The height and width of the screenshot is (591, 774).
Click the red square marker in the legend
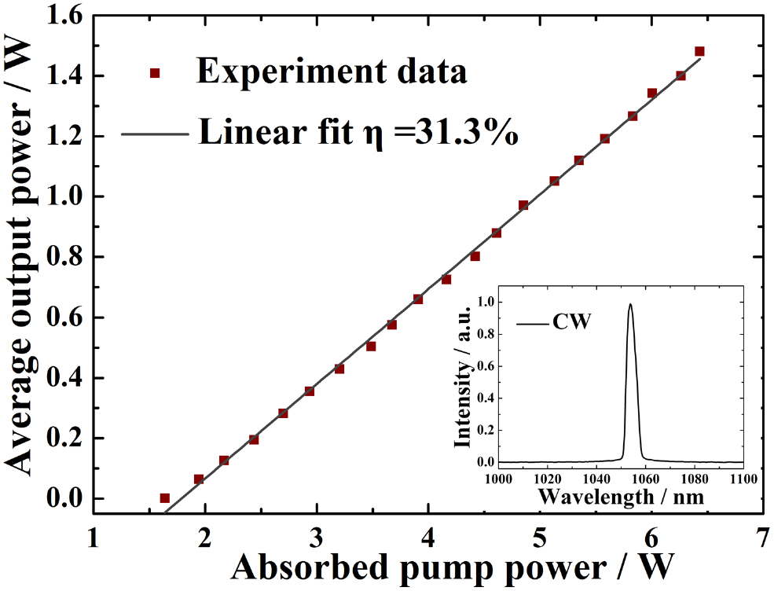(155, 73)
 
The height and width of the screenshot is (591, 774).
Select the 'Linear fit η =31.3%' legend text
(358, 131)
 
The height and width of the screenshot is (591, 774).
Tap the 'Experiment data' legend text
(332, 72)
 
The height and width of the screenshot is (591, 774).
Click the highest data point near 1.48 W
(699, 51)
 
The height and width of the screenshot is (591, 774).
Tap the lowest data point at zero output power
(164, 497)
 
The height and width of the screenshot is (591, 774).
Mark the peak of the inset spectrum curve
(629, 305)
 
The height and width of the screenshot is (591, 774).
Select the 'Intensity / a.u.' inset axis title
(464, 382)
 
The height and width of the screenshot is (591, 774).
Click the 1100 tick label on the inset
(743, 477)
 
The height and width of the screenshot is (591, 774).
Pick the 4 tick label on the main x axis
(428, 537)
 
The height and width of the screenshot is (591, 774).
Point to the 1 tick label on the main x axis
(94, 537)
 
